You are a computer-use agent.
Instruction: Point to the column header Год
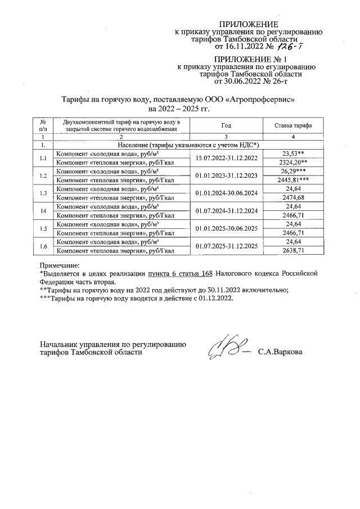(x=227, y=125)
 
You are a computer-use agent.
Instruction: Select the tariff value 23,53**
(x=292, y=153)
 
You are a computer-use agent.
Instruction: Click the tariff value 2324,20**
(x=292, y=162)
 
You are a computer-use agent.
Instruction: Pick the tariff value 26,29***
(x=292, y=171)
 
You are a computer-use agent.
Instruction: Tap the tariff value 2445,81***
(x=292, y=180)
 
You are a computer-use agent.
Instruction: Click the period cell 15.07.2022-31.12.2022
(x=227, y=157)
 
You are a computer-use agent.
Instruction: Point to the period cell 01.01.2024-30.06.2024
(x=227, y=193)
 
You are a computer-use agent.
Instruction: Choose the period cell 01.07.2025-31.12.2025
(x=227, y=247)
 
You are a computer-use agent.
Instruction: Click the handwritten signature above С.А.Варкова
(x=226, y=349)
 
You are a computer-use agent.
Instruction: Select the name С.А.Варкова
(x=280, y=353)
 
